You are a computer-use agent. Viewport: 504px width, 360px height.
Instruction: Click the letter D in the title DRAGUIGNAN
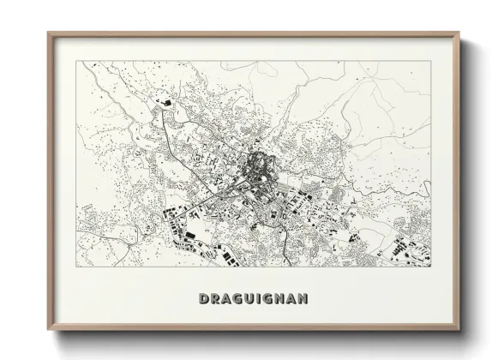[204, 299]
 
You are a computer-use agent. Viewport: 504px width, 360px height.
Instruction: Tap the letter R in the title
[216, 299]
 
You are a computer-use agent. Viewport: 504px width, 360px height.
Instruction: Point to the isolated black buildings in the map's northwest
[167, 104]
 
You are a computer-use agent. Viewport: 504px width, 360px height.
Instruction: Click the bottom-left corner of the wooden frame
[49, 330]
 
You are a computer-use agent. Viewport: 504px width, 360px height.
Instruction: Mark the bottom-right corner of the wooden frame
[459, 330]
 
